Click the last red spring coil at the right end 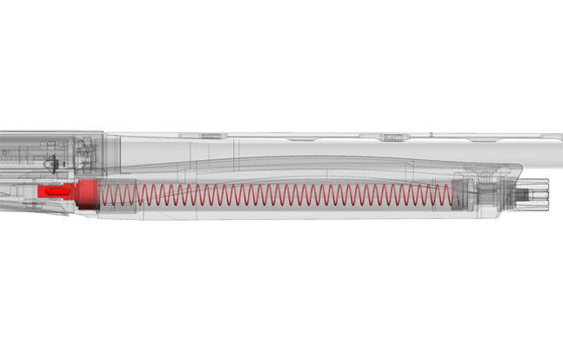click(x=452, y=196)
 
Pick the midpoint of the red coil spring click(x=278, y=196)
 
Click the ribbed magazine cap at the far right click(x=539, y=192)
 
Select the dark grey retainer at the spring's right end click(x=461, y=197)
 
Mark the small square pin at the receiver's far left click(x=3, y=158)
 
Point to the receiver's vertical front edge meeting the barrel click(x=104, y=148)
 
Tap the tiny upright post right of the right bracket click(x=428, y=135)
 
